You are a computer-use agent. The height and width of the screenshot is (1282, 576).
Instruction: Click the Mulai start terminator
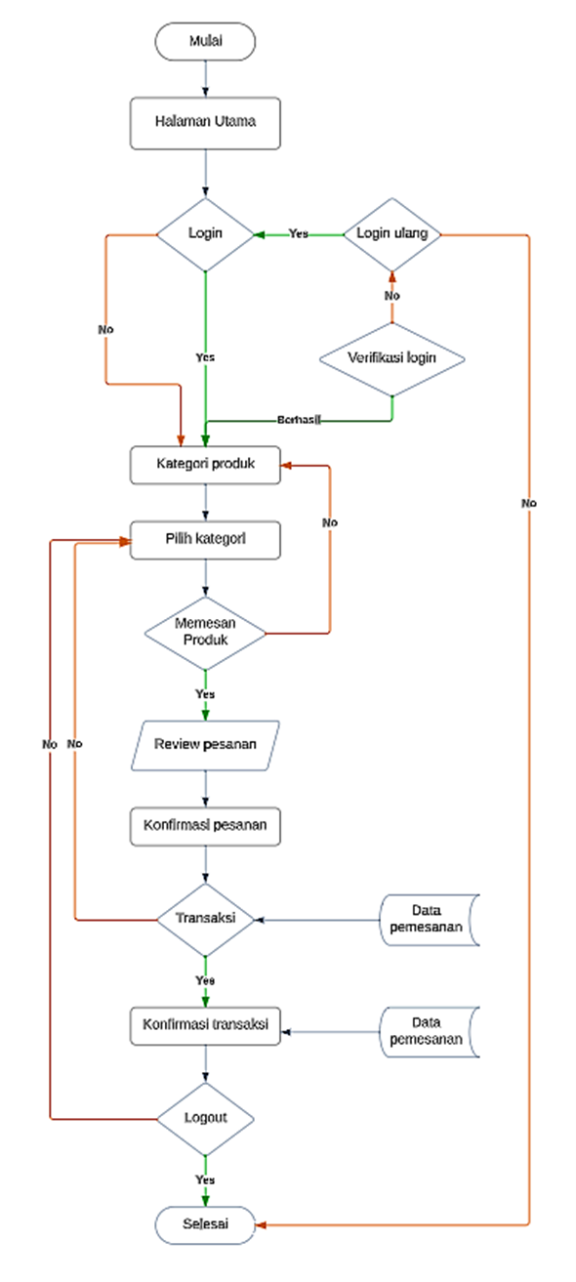click(205, 41)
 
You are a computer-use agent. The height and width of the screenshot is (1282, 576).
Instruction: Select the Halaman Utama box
click(205, 122)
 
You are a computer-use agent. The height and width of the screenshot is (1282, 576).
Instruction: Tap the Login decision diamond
click(205, 234)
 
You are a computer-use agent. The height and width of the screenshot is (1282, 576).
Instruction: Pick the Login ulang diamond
click(391, 234)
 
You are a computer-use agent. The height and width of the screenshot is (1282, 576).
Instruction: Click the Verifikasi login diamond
click(391, 357)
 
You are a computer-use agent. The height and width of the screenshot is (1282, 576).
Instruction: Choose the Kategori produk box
click(205, 464)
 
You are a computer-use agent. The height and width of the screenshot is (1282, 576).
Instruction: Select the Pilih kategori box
click(205, 539)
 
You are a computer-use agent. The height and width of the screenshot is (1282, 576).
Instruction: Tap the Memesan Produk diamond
click(205, 633)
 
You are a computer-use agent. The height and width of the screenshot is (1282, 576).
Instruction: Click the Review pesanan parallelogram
click(205, 745)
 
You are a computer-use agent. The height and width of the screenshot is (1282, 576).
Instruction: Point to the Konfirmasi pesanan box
click(205, 826)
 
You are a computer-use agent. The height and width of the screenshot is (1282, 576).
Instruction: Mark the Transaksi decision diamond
click(205, 919)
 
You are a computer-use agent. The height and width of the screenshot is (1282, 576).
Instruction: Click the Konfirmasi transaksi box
click(205, 1026)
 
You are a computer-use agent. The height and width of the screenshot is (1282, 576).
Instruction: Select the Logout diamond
click(205, 1118)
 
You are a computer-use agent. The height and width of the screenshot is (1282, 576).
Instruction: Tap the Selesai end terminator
click(205, 1224)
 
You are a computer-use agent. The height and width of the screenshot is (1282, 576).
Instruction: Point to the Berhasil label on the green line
click(299, 420)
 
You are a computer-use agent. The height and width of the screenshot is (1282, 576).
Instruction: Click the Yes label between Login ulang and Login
click(299, 234)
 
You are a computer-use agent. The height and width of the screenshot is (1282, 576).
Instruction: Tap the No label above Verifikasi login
click(391, 295)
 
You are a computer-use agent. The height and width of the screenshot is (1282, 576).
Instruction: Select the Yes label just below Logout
click(205, 1179)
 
